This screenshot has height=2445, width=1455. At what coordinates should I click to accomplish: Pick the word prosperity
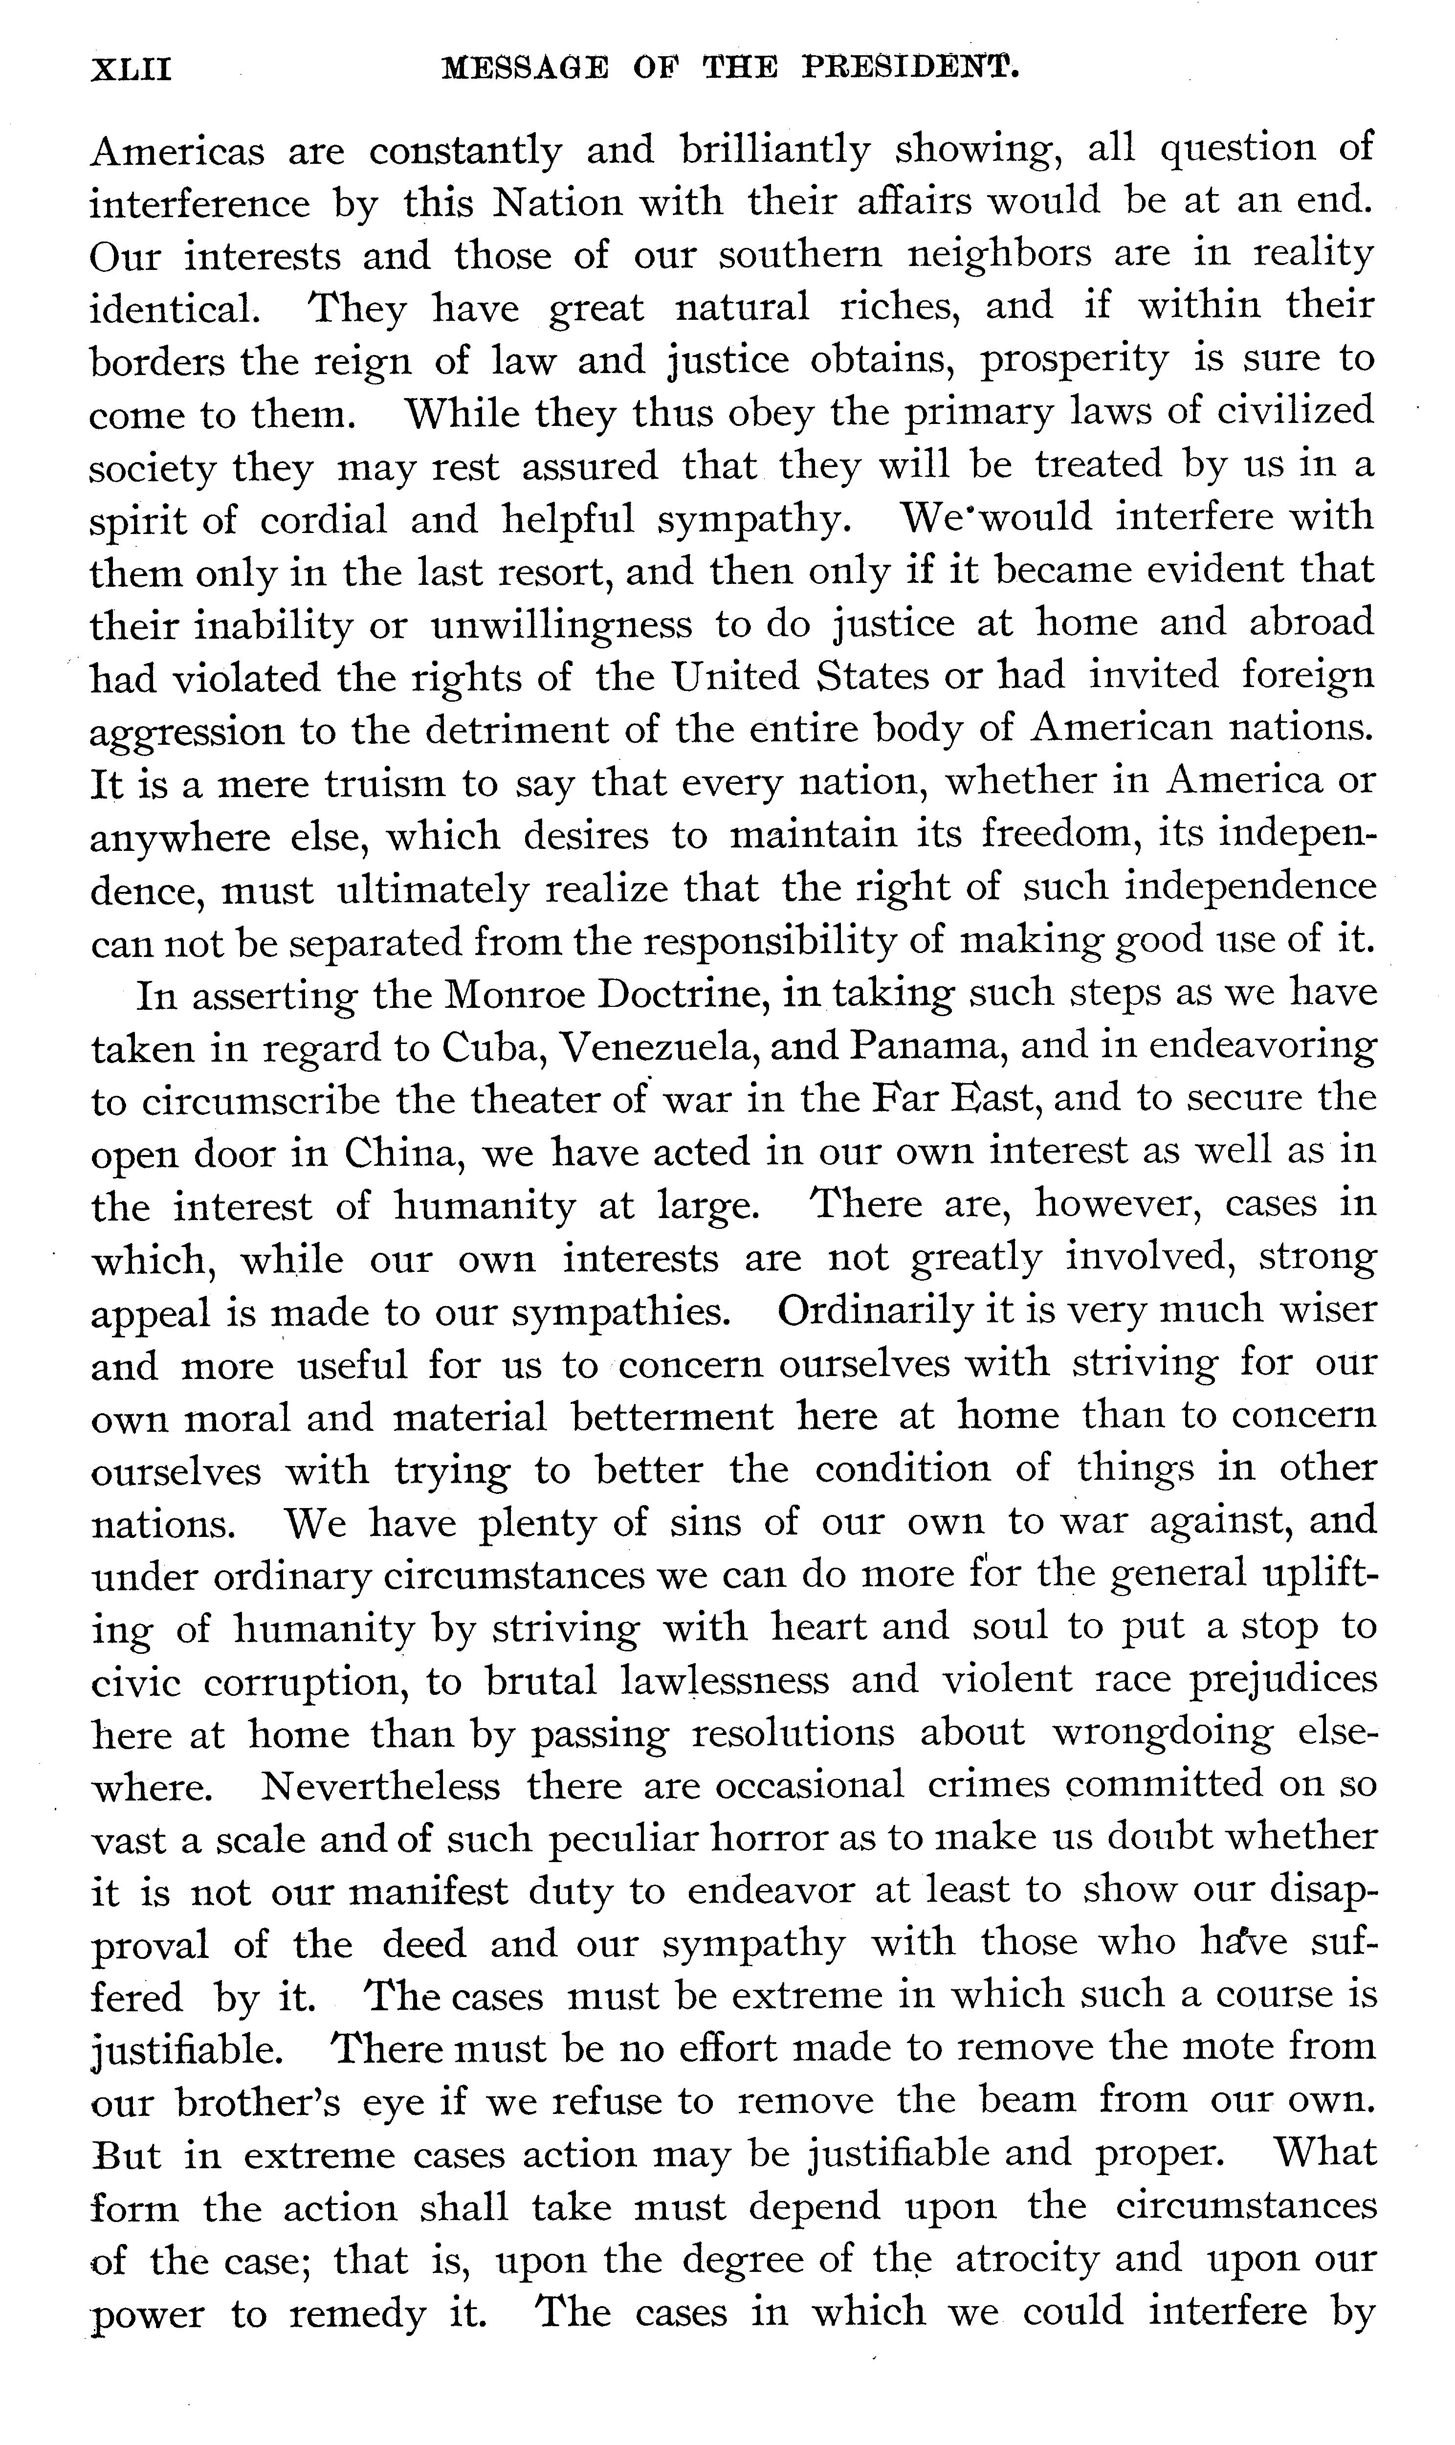click(1075, 361)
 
